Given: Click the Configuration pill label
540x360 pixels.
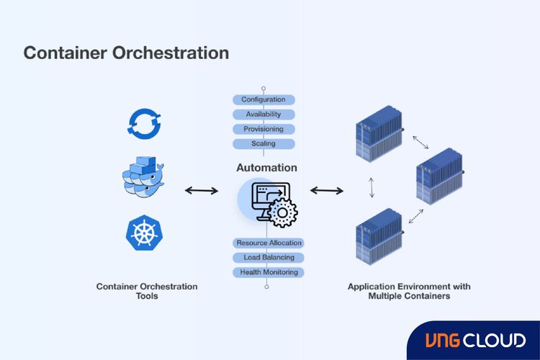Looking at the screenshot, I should [264, 99].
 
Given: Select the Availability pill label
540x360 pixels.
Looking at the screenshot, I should [264, 114].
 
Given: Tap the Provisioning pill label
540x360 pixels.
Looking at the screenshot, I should [264, 129].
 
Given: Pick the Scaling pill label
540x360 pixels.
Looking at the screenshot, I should [264, 144].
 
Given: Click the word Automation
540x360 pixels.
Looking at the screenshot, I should [266, 168].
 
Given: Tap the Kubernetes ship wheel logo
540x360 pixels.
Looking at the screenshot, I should [143, 233].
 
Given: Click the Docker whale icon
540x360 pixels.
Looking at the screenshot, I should [143, 175].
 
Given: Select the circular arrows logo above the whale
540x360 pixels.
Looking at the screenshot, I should [143, 122].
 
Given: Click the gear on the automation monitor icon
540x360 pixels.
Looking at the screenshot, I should [282, 214].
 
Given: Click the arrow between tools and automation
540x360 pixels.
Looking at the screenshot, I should [202, 191].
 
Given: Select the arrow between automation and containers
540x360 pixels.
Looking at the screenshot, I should [327, 191].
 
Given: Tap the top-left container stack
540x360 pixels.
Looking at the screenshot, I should [379, 140].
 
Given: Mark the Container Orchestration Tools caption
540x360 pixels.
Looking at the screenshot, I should [147, 291].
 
